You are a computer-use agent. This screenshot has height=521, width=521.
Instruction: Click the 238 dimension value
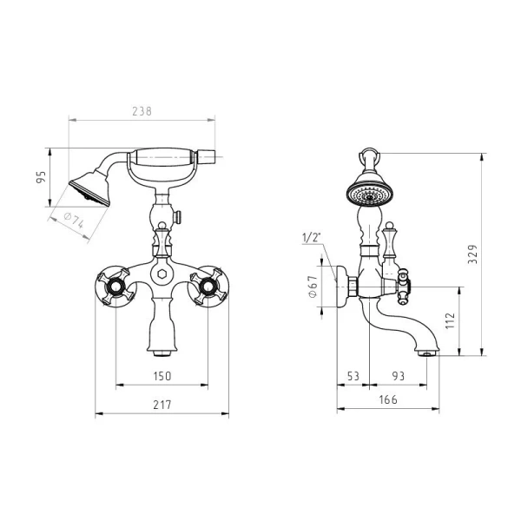tap(142, 111)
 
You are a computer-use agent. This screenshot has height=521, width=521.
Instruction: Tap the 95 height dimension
tap(41, 177)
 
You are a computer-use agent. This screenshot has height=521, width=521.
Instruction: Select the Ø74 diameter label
tap(74, 220)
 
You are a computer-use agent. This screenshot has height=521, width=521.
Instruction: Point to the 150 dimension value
tap(162, 376)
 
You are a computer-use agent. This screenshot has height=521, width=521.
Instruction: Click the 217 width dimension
tap(162, 405)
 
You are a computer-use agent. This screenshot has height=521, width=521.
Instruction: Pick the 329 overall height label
tap(472, 254)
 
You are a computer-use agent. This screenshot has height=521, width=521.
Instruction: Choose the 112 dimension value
tap(450, 320)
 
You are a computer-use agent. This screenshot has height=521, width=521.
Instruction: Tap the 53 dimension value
tap(353, 376)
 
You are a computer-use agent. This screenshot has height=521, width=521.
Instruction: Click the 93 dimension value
tap(399, 376)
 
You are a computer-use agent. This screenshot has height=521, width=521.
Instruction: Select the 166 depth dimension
tap(388, 399)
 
